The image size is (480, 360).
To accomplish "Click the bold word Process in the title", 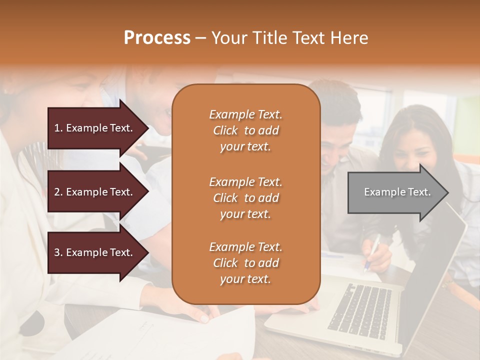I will pyautogui.click(x=157, y=38).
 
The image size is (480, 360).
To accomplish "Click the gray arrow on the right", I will pyautogui.click(x=395, y=192).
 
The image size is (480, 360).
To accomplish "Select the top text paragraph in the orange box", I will pyautogui.click(x=245, y=130).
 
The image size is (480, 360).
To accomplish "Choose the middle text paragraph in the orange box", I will pyautogui.click(x=245, y=198).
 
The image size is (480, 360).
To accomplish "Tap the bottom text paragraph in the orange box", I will pyautogui.click(x=245, y=263).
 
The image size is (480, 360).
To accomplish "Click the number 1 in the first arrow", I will pyautogui.click(x=56, y=128).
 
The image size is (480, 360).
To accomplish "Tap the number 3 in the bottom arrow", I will pyautogui.click(x=57, y=252).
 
